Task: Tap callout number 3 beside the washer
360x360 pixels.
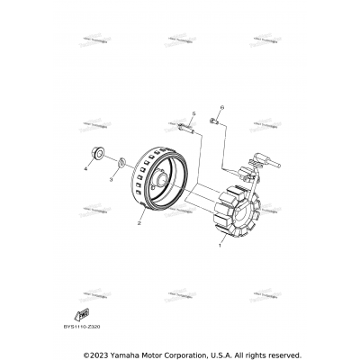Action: coord(111,179)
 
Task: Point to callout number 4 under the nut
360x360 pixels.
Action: coord(87,168)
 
